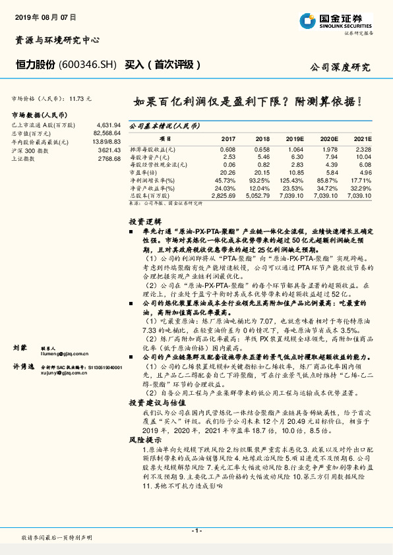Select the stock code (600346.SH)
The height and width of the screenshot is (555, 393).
coord(88,65)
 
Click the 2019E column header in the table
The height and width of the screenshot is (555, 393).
coord(294,140)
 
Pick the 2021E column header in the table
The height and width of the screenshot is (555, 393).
coord(362,140)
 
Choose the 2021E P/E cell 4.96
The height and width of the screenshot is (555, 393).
coord(365,173)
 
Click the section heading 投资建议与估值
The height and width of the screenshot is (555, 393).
coord(154,401)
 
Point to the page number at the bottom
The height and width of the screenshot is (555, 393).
coord(196,531)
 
